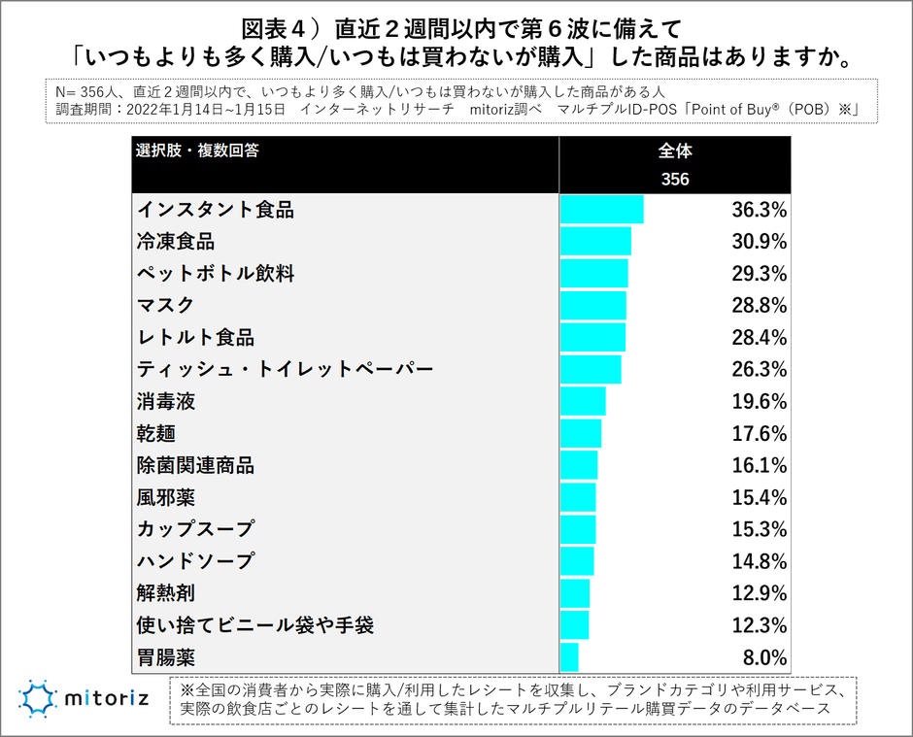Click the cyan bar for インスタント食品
[x=601, y=210]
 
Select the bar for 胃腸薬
[x=569, y=656]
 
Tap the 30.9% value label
[x=758, y=242]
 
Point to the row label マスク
[x=166, y=306]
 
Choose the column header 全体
[x=675, y=151]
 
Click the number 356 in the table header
[x=675, y=180]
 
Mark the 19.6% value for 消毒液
[x=758, y=401]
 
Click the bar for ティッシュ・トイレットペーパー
[x=591, y=370]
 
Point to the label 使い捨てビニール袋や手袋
[x=255, y=624]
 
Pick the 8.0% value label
[x=762, y=656]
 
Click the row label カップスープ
[x=195, y=529]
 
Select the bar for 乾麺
[x=581, y=433]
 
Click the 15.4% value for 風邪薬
[x=758, y=497]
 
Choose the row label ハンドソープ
[x=195, y=561]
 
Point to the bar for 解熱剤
[x=575, y=593]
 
